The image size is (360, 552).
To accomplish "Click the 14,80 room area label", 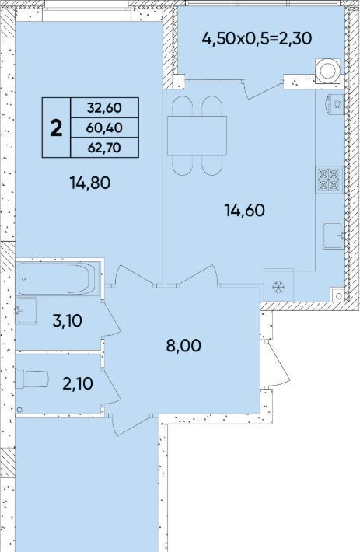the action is pyautogui.click(x=90, y=183).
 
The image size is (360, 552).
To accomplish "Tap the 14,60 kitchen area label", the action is pyautogui.click(x=245, y=211).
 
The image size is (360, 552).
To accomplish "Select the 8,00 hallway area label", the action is pyautogui.click(x=183, y=346).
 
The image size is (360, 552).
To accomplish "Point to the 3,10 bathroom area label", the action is pyautogui.click(x=67, y=321).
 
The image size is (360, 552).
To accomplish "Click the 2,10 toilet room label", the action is pyautogui.click(x=78, y=383).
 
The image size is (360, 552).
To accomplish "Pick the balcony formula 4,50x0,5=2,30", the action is pyautogui.click(x=257, y=38).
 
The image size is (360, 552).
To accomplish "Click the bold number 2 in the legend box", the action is pyautogui.click(x=56, y=128).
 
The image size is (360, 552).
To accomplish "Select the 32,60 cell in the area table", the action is pyautogui.click(x=104, y=108).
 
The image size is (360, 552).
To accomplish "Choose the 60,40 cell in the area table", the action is pyautogui.click(x=104, y=128).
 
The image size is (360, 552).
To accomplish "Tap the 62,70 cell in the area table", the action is pyautogui.click(x=104, y=148).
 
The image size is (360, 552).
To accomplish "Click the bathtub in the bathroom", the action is pyautogui.click(x=58, y=278).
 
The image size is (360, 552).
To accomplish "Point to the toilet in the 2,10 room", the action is pyautogui.click(x=32, y=379).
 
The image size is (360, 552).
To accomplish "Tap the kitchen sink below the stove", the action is pyautogui.click(x=334, y=236).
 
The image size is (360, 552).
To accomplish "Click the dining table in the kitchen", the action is pyautogui.click(x=197, y=135).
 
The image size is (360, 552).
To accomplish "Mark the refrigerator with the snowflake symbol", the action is pyautogui.click(x=278, y=285).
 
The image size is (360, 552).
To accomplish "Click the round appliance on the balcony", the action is pyautogui.click(x=328, y=71).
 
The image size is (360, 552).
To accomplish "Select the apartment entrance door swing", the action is pyautogui.click(x=275, y=364).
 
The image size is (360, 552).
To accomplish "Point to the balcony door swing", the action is pyautogui.click(x=261, y=89).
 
